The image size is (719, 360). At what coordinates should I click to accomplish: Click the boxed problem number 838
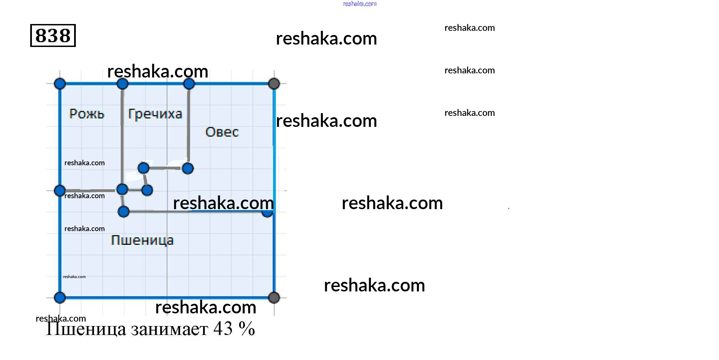(x=53, y=35)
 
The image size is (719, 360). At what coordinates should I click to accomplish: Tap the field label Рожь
(x=87, y=113)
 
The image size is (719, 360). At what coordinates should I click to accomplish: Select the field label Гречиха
(x=155, y=114)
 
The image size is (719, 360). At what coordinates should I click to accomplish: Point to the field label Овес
(x=222, y=132)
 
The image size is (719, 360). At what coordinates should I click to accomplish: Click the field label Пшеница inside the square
(x=142, y=240)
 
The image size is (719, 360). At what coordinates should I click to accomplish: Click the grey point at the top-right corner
(x=274, y=83)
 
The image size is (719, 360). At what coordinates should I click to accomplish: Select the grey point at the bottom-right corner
(x=274, y=298)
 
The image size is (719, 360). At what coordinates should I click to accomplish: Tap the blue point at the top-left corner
(x=60, y=84)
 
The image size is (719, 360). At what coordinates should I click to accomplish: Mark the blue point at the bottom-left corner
(x=60, y=298)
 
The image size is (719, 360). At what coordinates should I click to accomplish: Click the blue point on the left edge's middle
(x=60, y=191)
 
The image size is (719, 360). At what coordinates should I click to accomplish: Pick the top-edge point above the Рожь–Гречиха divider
(x=122, y=84)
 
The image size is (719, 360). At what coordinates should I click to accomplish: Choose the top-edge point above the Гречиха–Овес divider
(x=189, y=84)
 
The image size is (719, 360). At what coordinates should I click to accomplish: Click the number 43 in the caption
(x=223, y=328)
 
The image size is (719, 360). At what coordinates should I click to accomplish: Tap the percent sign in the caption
(x=247, y=328)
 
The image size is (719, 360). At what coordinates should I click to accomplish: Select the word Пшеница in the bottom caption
(x=86, y=329)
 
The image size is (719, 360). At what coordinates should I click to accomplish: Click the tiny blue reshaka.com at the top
(x=360, y=4)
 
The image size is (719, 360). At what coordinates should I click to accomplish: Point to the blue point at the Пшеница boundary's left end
(x=123, y=212)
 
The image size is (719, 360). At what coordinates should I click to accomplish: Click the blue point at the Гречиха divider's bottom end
(x=188, y=168)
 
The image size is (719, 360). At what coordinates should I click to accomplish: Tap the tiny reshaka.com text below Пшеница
(x=74, y=277)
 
